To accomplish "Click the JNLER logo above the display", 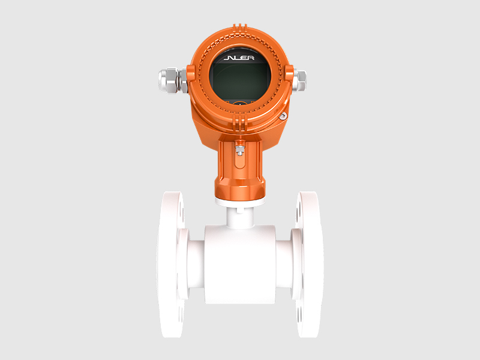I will [x=240, y=59].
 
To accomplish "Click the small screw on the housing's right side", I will [x=283, y=116].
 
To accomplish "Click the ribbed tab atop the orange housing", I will [x=240, y=27].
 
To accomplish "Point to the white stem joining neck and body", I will [x=240, y=216].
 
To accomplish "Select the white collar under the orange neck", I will [x=240, y=200].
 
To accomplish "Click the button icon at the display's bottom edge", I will [x=240, y=103].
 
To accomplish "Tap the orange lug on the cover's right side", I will [x=290, y=75].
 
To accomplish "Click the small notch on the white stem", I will [x=240, y=209].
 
